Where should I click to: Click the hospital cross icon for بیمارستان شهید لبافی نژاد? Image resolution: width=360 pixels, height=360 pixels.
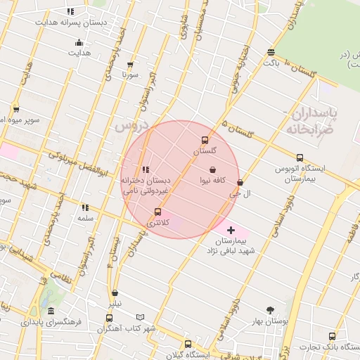pyautogui.click(x=231, y=230)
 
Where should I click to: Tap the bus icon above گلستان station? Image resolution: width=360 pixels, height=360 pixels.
pyautogui.click(x=205, y=139)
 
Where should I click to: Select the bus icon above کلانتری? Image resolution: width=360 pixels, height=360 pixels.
pyautogui.click(x=157, y=212)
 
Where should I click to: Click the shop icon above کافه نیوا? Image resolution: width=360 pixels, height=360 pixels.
pyautogui.click(x=213, y=169)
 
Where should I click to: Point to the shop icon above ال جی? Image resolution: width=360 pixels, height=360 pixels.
pyautogui.click(x=240, y=182)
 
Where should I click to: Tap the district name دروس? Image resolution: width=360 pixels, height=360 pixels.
pyautogui.click(x=129, y=127)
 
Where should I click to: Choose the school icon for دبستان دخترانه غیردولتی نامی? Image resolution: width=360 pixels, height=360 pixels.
pyautogui.click(x=146, y=169)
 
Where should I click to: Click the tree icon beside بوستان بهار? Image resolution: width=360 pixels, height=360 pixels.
pyautogui.click(x=271, y=310)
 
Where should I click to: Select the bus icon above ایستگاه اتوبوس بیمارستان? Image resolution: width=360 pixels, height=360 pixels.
pyautogui.click(x=300, y=157)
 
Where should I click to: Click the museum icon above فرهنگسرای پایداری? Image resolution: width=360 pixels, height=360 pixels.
pyautogui.click(x=51, y=311)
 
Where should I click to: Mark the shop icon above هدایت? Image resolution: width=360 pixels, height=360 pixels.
pyautogui.click(x=78, y=41)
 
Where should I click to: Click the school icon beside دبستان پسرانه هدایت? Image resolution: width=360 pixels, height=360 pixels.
pyautogui.click(x=70, y=12)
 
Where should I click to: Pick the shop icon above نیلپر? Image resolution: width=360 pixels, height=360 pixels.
pyautogui.click(x=115, y=293)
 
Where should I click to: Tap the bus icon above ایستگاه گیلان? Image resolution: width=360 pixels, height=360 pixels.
pyautogui.click(x=188, y=344)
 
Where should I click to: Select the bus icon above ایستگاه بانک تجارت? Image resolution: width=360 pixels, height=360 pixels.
pyautogui.click(x=332, y=336)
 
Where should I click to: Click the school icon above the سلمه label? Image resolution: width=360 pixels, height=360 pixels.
pyautogui.click(x=85, y=207)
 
